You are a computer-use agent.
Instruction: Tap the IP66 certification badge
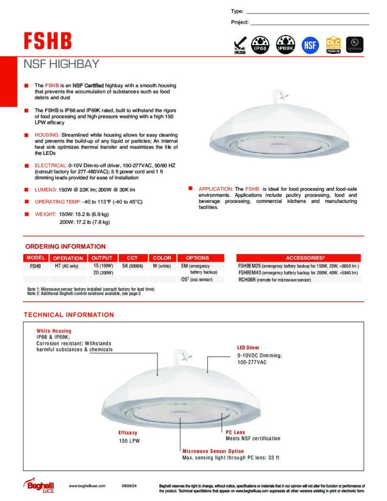(x=260, y=44)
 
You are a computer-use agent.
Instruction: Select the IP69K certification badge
(x=285, y=44)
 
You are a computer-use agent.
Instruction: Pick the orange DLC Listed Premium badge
(x=333, y=44)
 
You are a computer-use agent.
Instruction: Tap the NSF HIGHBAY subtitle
(x=62, y=64)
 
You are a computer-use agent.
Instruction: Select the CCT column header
(x=132, y=258)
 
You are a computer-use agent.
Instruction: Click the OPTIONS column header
(x=197, y=258)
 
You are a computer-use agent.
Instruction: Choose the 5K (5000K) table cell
(x=132, y=266)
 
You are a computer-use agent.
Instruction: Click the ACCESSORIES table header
(x=298, y=258)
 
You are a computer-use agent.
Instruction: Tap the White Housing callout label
(x=54, y=331)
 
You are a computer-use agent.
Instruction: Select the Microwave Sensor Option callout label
(x=213, y=451)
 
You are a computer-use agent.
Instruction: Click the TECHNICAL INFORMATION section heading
(x=69, y=315)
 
